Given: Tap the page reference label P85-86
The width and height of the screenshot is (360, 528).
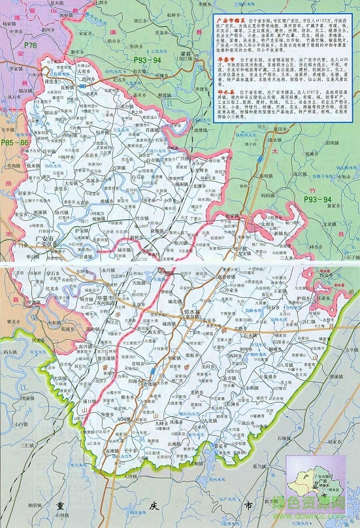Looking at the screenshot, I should coord(14,142).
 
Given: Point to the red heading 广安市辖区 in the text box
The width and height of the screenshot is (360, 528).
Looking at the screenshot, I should coord(229,20).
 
